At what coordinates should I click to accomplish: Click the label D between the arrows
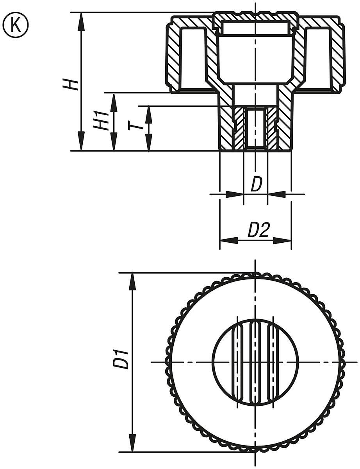click(256, 185)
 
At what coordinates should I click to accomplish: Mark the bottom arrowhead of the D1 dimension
click(133, 444)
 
